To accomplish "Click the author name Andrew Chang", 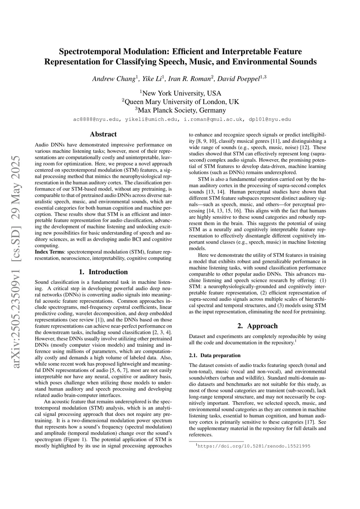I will click(x=114, y=79).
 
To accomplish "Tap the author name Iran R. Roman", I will click(x=189, y=79).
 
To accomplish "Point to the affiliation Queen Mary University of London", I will click(x=180, y=102).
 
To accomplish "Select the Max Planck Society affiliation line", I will click(x=180, y=110).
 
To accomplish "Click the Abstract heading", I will click(x=103, y=134).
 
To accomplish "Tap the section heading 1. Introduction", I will click(x=103, y=272).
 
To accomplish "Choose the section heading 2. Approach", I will click(x=257, y=326).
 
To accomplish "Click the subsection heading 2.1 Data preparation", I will click(x=214, y=355).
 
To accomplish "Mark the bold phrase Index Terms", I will click(x=50, y=252).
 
